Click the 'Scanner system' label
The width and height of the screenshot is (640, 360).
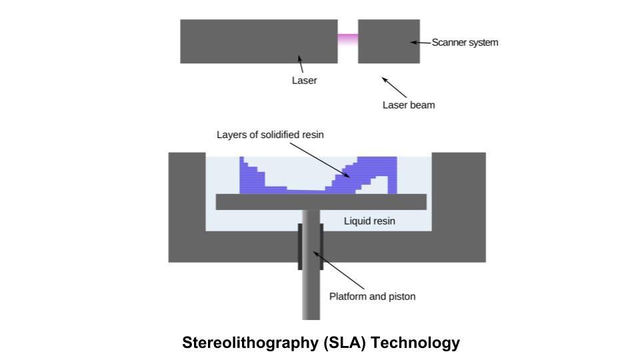465,43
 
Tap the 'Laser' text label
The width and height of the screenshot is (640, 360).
304,81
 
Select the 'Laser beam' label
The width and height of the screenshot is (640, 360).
408,105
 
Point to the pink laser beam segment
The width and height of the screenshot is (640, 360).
347,40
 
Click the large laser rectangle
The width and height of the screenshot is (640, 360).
259,41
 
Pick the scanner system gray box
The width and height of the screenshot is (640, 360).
389,41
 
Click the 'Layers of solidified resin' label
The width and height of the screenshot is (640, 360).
270,135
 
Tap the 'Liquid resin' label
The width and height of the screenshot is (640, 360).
369,221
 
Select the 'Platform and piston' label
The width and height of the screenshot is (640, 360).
372,296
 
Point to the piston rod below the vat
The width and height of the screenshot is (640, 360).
311,293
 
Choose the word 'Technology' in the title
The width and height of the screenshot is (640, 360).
415,343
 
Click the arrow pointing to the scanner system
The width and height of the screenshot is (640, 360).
420,43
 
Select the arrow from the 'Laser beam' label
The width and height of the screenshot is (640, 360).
394,87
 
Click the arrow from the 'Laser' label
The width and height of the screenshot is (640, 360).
301,65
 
